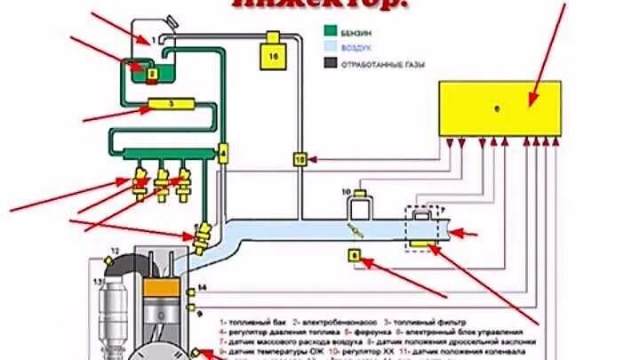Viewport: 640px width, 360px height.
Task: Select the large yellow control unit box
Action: [500, 108]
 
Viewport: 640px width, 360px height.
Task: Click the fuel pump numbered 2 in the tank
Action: [152, 75]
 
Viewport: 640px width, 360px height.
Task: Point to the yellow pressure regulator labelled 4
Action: [222, 153]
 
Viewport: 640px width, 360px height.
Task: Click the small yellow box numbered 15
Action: [300, 159]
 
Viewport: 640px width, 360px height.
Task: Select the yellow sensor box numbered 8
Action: [356, 256]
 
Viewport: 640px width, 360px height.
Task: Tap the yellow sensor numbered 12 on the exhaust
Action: [109, 259]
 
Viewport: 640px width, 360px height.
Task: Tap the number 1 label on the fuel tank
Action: [153, 40]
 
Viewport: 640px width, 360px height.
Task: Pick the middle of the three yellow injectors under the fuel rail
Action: [162, 184]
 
